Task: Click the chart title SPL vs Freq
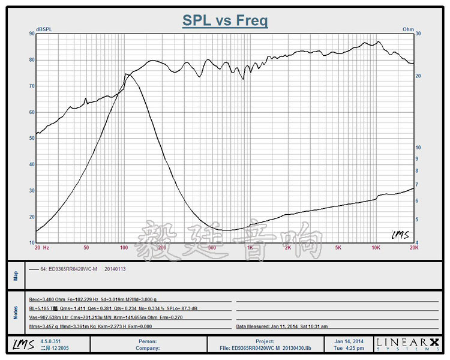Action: pyautogui.click(x=225, y=21)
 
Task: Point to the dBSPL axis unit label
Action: pyautogui.click(x=44, y=29)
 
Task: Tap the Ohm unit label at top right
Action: pyautogui.click(x=408, y=29)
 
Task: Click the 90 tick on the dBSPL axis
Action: pyautogui.click(x=31, y=34)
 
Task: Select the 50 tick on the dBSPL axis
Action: pyautogui.click(x=31, y=138)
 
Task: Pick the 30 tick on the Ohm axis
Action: pyautogui.click(x=419, y=34)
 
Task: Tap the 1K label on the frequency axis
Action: pyautogui.click(x=250, y=247)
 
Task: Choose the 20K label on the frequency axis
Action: pyautogui.click(x=413, y=247)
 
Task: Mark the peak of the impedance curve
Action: pyautogui.click(x=127, y=74)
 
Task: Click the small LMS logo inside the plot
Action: pyautogui.click(x=400, y=235)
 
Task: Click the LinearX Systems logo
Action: pyautogui.click(x=408, y=343)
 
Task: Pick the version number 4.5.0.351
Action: pyautogui.click(x=51, y=340)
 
